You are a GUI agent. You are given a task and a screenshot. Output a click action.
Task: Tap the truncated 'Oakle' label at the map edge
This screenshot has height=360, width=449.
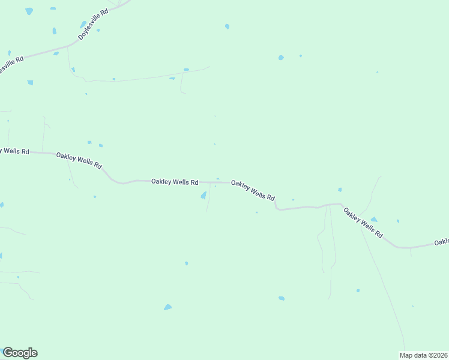pos(442,242)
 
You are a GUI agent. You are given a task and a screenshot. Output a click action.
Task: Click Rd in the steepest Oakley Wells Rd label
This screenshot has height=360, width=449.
pos(378,233)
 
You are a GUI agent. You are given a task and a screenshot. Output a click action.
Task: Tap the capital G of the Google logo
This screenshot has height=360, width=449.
pos(8,353)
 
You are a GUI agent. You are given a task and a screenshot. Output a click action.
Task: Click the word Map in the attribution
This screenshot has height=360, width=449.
pos(406,355)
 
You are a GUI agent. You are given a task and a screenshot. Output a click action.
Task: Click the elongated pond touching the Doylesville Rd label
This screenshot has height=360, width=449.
pos(83,25)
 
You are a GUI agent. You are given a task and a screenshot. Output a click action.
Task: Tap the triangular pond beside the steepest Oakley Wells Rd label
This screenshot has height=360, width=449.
pos(373,220)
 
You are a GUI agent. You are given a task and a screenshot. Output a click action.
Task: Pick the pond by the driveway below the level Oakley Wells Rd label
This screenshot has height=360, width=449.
pos(203,196)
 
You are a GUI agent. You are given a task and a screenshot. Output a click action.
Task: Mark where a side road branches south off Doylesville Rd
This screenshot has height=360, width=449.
pos(67,47)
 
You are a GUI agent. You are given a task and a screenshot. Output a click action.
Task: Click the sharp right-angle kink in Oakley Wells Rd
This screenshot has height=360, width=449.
pos(276,207)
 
